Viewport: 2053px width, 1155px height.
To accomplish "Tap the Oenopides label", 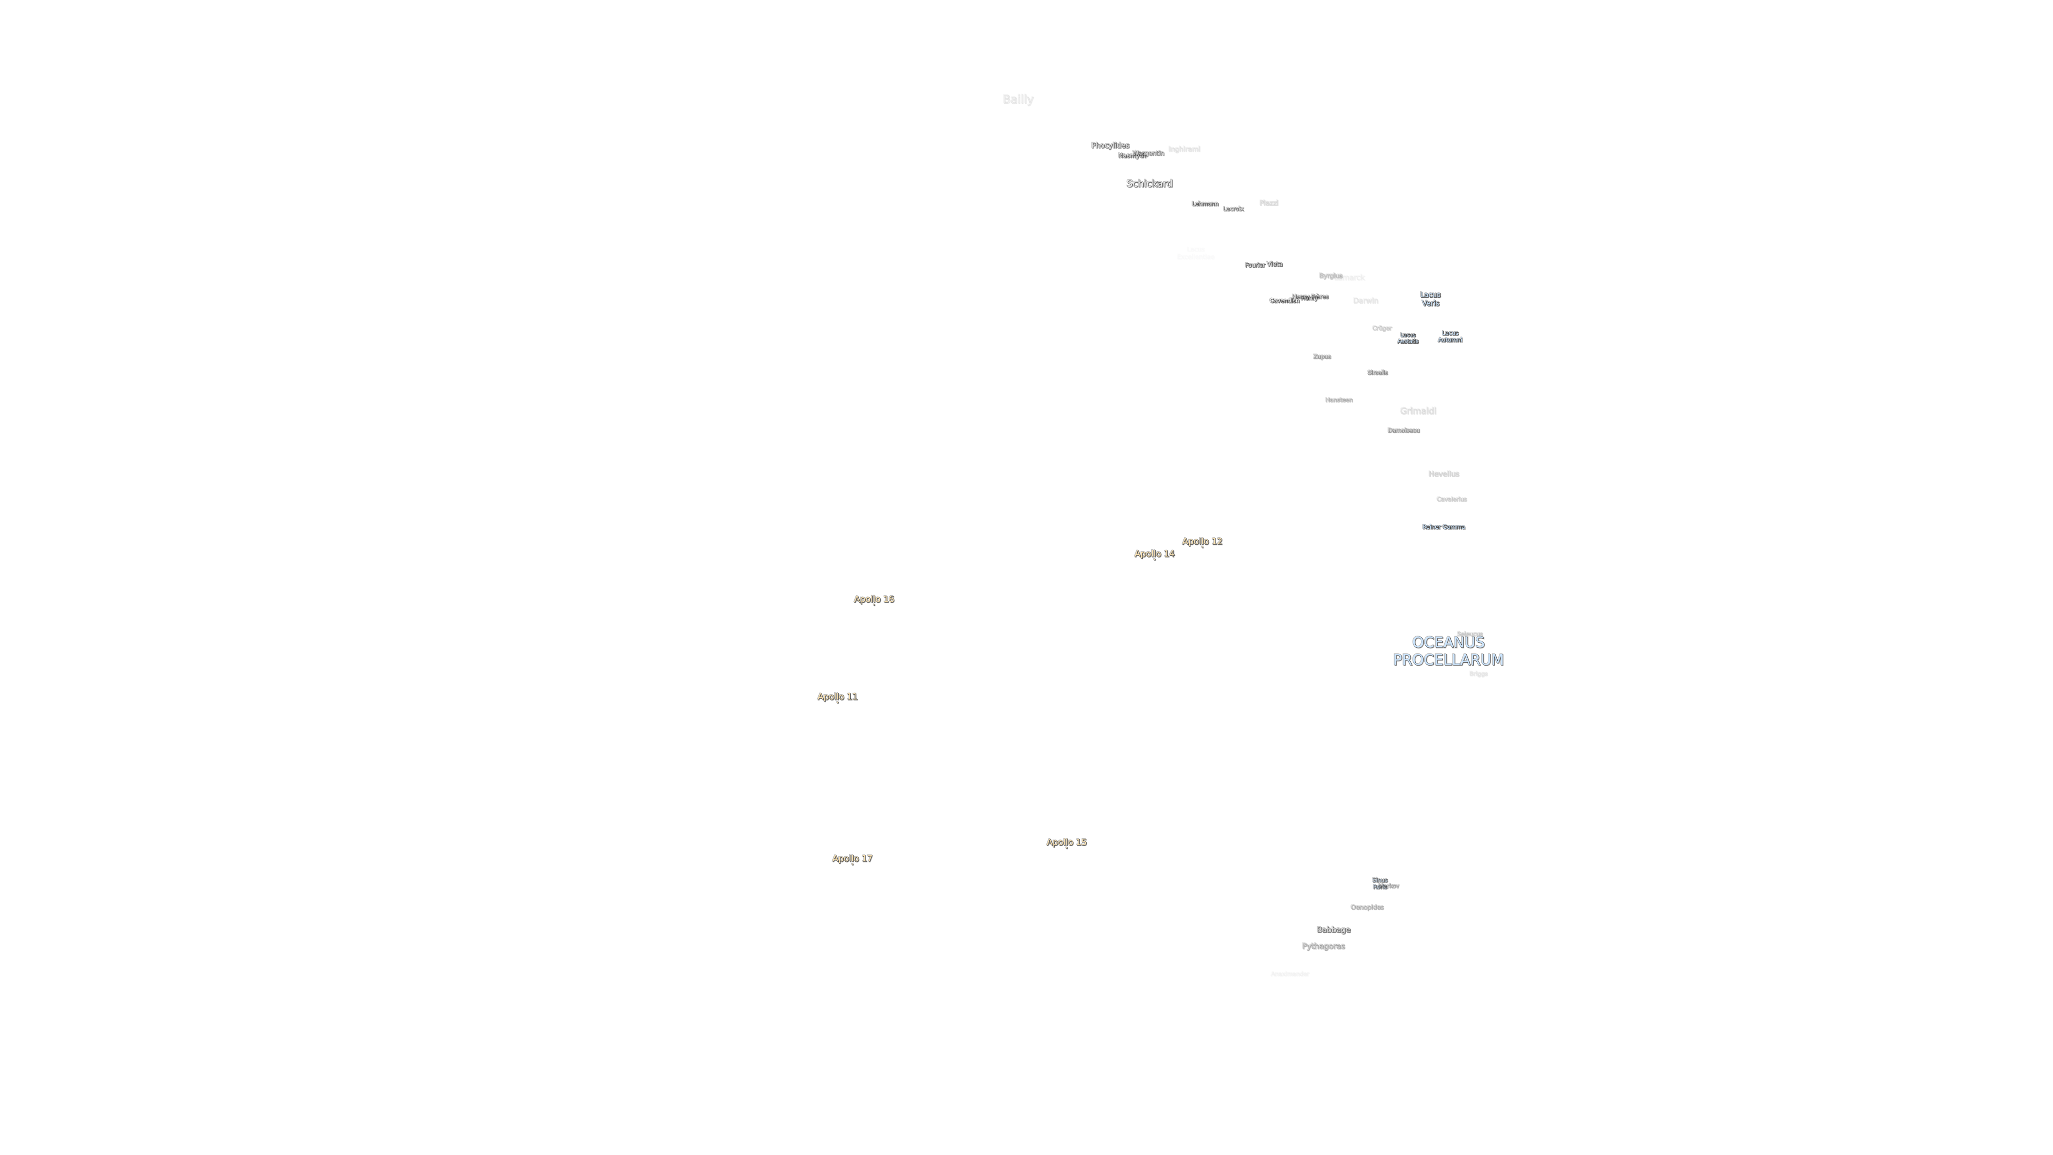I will [x=1367, y=907].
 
